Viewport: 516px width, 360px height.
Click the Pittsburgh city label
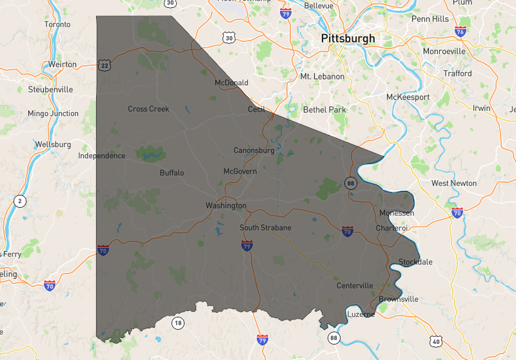pos(348,39)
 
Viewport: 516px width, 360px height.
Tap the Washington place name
pos(226,206)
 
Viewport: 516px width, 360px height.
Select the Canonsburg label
pos(253,150)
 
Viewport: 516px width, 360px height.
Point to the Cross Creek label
pos(148,109)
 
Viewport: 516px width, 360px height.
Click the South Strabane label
pos(265,228)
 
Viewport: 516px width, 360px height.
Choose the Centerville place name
pos(355,286)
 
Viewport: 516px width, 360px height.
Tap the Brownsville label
pos(398,299)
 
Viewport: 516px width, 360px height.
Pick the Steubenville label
pos(50,90)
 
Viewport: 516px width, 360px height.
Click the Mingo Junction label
pos(53,114)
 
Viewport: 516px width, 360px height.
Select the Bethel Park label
pos(324,110)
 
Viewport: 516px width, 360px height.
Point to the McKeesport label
pos(408,97)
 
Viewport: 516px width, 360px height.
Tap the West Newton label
pos(454,183)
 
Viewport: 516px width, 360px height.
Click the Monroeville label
pos(444,51)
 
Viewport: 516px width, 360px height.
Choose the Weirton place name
pos(62,65)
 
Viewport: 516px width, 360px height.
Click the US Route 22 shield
pos(104,65)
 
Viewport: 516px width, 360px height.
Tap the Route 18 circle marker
pos(177,322)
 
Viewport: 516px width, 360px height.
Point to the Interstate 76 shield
pos(460,32)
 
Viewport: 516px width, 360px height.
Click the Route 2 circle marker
pos(20,201)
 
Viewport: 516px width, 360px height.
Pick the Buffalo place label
pos(172,173)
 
